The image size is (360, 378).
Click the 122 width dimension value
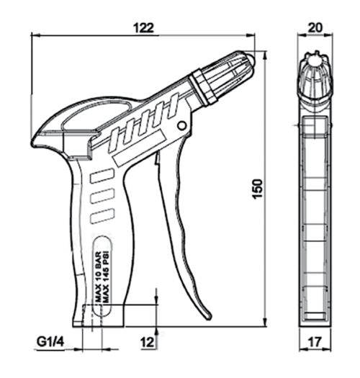143,28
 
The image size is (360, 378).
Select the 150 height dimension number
257,189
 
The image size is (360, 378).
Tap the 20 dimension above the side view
315,27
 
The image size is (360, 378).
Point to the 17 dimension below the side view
315,341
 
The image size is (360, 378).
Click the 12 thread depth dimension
148,342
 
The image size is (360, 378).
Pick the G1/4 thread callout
50,341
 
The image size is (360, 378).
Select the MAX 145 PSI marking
106,276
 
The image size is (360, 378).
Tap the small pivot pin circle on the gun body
181,125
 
